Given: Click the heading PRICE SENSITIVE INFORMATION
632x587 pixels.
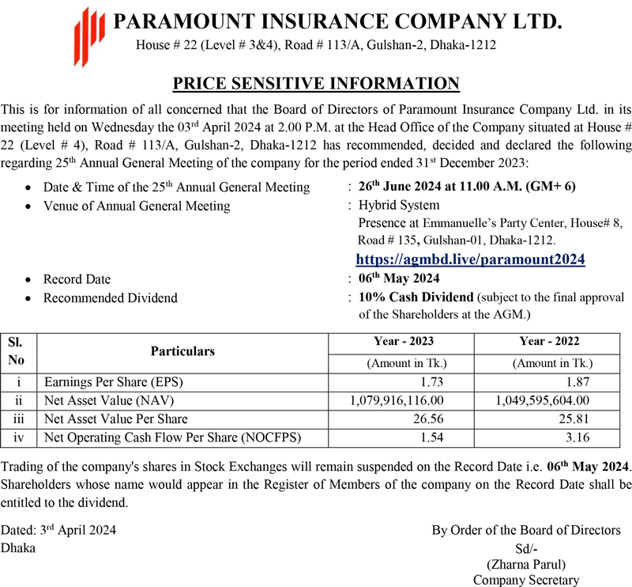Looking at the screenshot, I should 316,83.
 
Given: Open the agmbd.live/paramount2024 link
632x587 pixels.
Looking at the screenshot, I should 470,259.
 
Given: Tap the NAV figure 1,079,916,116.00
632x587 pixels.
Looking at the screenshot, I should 397,400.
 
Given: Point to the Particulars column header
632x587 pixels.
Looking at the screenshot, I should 182,351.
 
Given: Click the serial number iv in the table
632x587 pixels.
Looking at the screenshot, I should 18,437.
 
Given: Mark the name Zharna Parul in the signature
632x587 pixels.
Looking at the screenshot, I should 525,564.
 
